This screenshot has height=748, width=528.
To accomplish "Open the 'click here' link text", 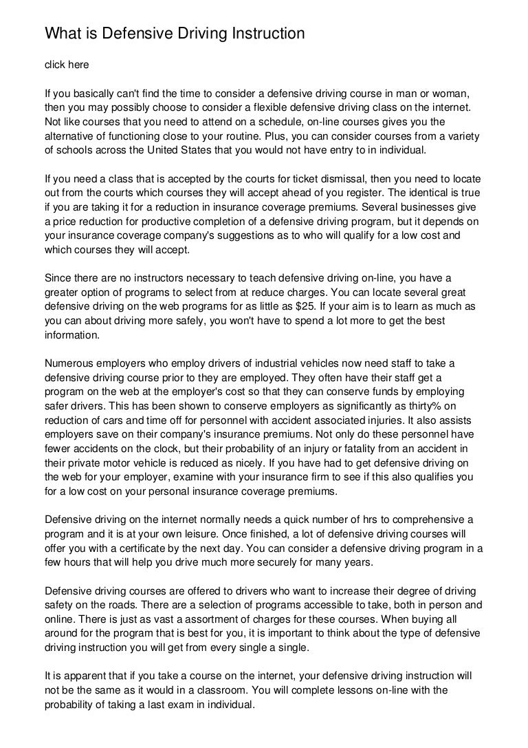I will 67,65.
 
